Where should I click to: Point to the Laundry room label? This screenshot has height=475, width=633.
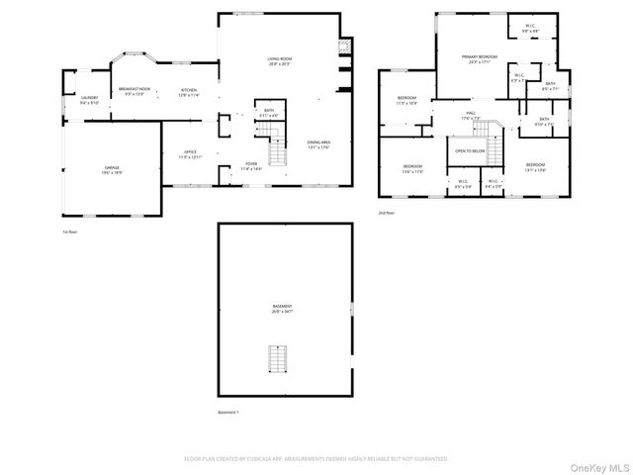[89, 99]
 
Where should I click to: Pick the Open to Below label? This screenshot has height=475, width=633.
[469, 150]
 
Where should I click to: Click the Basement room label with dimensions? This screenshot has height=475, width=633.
[283, 309]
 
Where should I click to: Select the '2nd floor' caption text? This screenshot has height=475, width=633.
[386, 212]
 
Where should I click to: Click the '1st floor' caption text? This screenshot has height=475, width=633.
[69, 232]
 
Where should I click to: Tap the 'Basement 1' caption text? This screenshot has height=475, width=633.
[228, 412]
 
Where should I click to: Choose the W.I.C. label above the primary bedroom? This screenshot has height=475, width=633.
[529, 29]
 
